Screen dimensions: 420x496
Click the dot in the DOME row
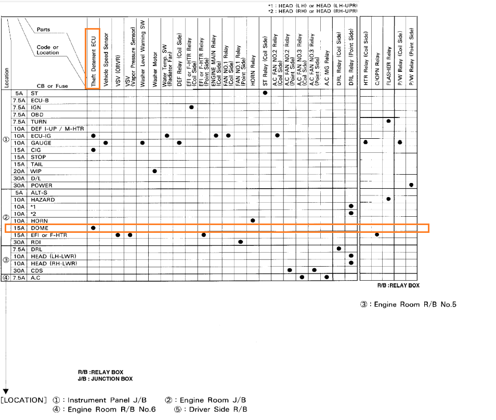[93, 228]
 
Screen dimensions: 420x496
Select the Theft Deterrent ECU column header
[93, 58]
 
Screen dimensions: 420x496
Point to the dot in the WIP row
[154, 171]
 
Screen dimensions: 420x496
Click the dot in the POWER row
[412, 185]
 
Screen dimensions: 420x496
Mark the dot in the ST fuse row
[265, 93]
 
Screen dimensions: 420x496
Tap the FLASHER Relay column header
[388, 58]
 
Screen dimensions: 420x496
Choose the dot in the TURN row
[388, 121]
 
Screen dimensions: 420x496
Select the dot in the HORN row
[253, 220]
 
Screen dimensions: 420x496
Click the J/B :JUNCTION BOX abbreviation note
[105, 379]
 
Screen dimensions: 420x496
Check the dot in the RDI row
[240, 242]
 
